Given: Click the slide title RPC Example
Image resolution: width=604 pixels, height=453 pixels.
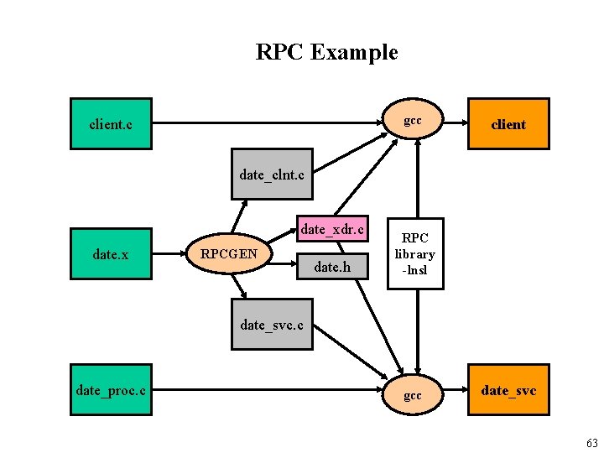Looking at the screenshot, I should coord(326,52).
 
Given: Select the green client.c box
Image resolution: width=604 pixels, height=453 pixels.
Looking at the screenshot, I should coord(111,124).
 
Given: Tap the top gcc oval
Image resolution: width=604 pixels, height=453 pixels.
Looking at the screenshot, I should coord(412,122).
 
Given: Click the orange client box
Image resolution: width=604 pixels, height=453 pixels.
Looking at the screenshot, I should coord(508,124).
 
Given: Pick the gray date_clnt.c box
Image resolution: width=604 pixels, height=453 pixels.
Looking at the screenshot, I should coord(272,175).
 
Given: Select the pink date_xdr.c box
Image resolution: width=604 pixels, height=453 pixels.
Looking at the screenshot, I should coord(332,229).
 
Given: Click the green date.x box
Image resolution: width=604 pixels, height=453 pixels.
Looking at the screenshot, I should coord(111,254).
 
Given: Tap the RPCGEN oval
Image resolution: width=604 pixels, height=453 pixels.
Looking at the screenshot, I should coord(229,253).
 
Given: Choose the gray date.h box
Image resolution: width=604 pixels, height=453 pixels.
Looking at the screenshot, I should coord(332,268).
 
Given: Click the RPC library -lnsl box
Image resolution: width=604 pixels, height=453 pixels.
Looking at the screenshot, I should coord(414,254).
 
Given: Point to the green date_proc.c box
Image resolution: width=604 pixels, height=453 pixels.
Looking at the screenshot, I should coord(111,389).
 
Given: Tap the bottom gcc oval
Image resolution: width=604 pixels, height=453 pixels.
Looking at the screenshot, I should coord(412,393).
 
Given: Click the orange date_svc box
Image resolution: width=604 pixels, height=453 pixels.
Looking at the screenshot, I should coord(508,390).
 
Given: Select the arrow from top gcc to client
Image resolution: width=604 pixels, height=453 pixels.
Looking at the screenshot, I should coord(455,123).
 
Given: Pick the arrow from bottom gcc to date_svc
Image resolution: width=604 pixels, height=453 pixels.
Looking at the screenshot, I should coord(455,390).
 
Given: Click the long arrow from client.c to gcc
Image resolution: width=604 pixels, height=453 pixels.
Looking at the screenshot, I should coord(268,124).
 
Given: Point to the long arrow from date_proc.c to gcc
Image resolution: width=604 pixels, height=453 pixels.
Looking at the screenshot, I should coord(268,390).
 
